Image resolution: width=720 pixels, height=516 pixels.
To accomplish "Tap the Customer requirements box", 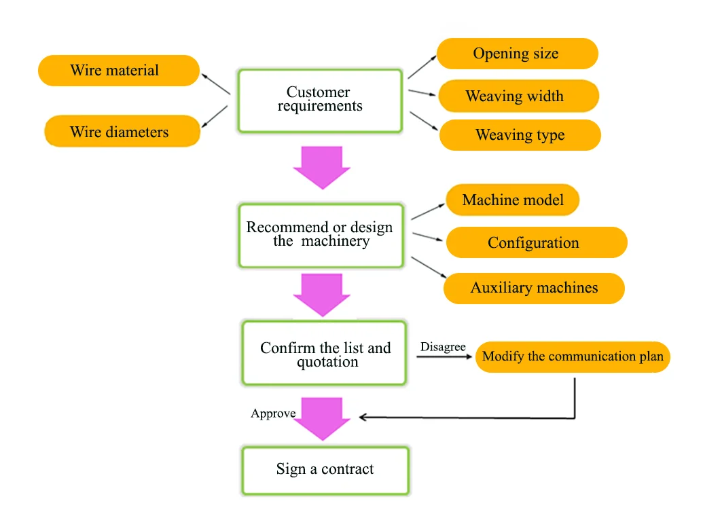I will tap(319, 100).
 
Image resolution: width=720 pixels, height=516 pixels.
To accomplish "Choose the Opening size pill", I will tap(517, 54).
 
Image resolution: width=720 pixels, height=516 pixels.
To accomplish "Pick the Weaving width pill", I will tap(518, 96).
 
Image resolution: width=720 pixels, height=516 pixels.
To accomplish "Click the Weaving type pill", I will tap(520, 135).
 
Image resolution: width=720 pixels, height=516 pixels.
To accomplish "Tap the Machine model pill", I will tap(513, 200).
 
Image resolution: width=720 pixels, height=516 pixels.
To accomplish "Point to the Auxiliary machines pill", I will tap(534, 288).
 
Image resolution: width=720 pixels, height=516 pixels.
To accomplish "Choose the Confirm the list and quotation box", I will tap(325, 354).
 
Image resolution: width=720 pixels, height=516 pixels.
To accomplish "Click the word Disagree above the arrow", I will tap(443, 347).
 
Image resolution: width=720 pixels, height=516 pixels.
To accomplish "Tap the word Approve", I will tap(273, 413).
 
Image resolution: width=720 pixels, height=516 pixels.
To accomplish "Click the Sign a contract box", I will tap(325, 470).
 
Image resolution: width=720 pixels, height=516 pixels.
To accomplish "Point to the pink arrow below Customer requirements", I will tap(322, 167).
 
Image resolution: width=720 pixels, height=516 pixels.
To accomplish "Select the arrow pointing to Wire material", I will tap(217, 84).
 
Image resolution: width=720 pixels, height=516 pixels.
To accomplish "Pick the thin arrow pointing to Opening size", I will tap(422, 67).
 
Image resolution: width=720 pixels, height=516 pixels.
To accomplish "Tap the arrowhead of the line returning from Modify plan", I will tap(363, 418).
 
